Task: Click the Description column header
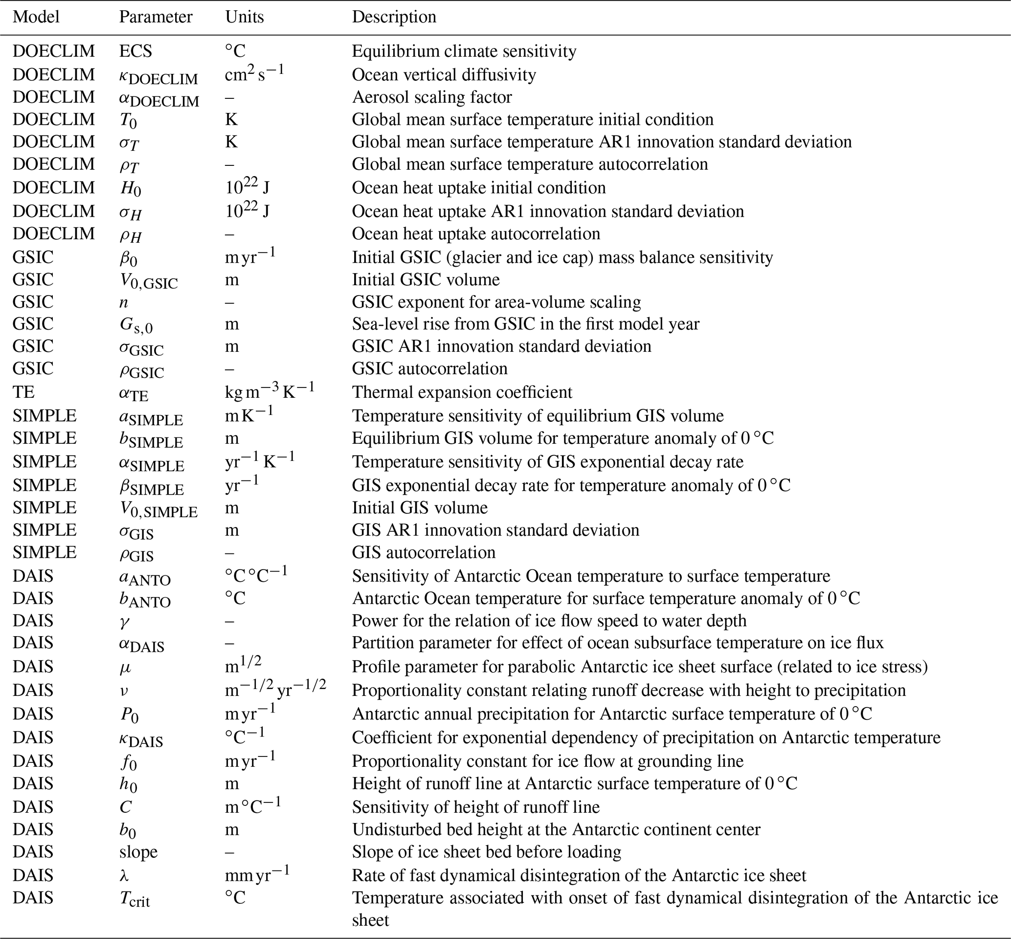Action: tap(394, 17)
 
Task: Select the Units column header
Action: tap(244, 17)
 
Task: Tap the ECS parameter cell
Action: tap(135, 51)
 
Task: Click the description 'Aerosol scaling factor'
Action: tap(432, 96)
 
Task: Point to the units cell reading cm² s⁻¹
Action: tap(254, 74)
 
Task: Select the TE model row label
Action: tap(24, 392)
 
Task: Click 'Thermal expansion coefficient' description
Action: tap(462, 392)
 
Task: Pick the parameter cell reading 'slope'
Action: tap(138, 851)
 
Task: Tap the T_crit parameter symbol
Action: tap(135, 898)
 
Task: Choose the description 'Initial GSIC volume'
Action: tap(426, 279)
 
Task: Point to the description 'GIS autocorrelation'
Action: tap(424, 552)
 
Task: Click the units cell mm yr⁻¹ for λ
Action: tap(257, 875)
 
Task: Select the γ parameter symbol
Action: tap(124, 621)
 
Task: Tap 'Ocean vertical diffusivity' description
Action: tap(444, 75)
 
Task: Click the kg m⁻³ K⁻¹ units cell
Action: tap(270, 391)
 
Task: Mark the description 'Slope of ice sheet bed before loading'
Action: tap(487, 851)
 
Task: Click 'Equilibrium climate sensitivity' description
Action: tap(464, 51)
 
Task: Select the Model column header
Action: tap(36, 17)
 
